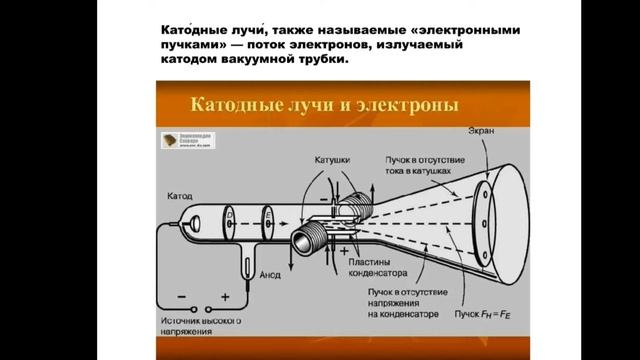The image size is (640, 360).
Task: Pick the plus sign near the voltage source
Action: pos(225,296)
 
